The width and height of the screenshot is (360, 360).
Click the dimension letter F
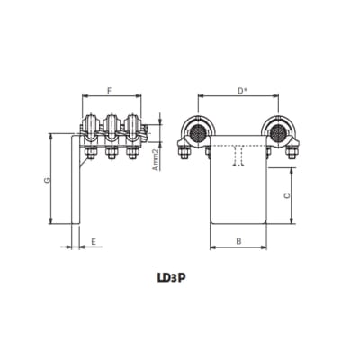[x=109, y=91]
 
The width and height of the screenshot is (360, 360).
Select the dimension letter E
[x=93, y=242]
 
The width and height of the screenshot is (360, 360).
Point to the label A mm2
[x=154, y=158]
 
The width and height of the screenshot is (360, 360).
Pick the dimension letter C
[x=285, y=194]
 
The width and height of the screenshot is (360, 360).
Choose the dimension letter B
[x=238, y=241]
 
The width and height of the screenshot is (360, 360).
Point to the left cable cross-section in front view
[x=194, y=133]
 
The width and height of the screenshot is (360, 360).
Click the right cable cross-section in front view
[x=280, y=133]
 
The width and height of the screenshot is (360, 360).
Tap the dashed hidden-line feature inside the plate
[x=238, y=157]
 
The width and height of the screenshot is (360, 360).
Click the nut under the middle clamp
[x=112, y=154]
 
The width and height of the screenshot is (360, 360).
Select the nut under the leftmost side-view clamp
[x=90, y=154]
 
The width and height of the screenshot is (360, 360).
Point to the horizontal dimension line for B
[x=238, y=248]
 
